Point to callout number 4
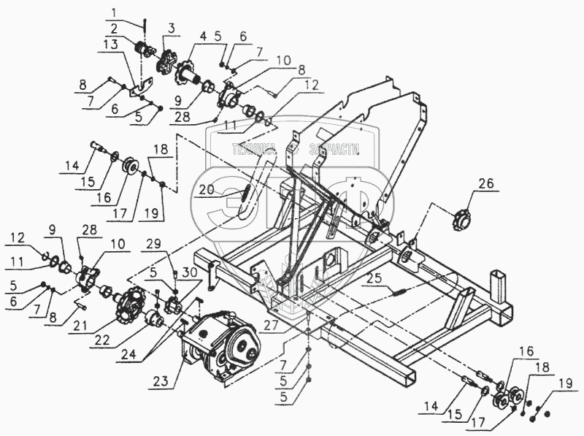click(203, 36)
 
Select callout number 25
click(374, 278)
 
